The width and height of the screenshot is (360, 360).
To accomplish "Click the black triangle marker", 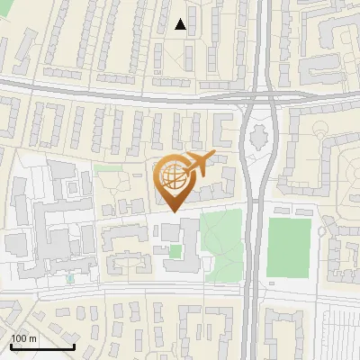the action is [181, 24].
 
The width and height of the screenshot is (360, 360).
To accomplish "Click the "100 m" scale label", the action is [22, 338].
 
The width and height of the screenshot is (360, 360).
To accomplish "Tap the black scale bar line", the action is [42, 346].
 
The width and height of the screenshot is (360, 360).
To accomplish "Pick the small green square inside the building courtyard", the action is [176, 251].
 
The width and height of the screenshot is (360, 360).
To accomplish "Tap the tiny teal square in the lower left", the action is [71, 278].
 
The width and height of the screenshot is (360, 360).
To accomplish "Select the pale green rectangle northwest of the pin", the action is [108, 168].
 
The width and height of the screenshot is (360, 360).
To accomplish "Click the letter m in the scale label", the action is [31, 338].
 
